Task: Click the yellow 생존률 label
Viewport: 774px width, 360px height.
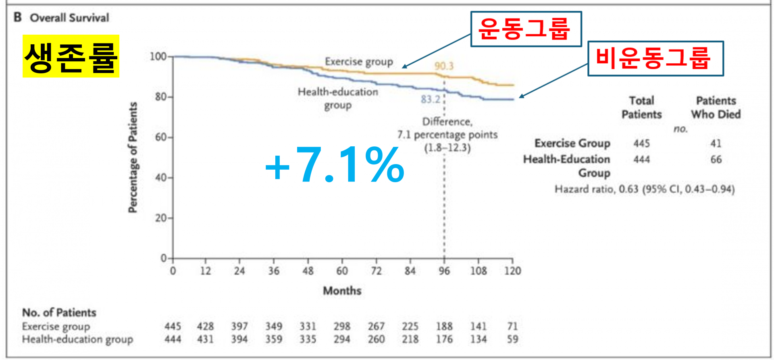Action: (71, 56)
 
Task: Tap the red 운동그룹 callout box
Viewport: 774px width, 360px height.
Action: (526, 29)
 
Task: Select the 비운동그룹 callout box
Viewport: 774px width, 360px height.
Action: (655, 58)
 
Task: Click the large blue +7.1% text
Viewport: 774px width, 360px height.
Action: (335, 165)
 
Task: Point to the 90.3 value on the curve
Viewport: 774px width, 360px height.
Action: (444, 66)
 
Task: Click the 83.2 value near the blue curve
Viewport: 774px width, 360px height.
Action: (431, 99)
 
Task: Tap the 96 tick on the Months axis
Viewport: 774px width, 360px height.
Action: (444, 271)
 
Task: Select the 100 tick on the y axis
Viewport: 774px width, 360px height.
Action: (158, 56)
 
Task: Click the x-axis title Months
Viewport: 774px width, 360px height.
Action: (342, 291)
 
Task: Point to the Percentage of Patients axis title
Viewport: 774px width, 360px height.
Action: (133, 157)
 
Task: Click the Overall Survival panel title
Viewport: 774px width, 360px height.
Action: (69, 18)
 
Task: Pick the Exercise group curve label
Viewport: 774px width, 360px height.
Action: (359, 62)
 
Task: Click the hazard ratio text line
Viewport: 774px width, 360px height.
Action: (645, 189)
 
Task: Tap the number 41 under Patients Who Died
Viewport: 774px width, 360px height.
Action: (716, 144)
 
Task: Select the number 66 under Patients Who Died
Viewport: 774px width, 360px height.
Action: (716, 160)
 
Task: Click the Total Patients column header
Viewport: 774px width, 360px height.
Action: (642, 107)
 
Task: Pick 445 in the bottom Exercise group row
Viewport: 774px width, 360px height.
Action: (173, 326)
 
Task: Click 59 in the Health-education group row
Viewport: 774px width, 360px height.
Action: (512, 339)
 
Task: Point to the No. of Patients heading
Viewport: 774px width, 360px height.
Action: (59, 313)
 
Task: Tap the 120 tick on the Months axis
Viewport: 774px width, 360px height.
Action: (512, 271)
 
